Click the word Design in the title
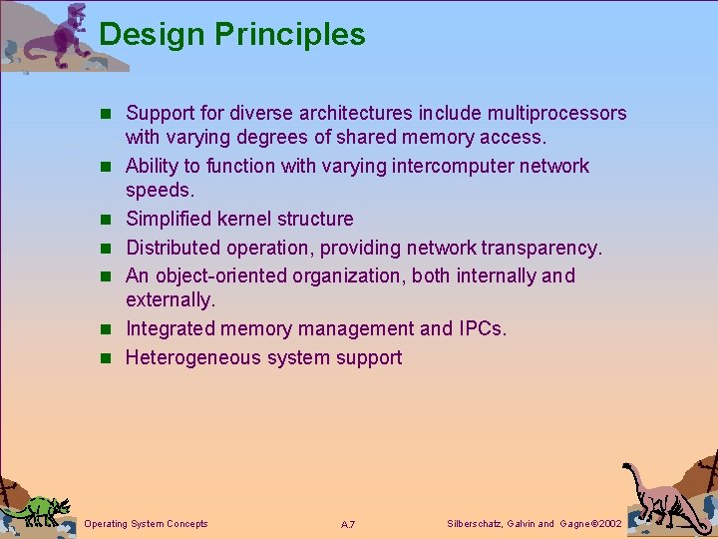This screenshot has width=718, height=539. point(152,36)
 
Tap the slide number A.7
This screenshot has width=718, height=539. point(349,525)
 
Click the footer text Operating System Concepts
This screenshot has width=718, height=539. point(147,524)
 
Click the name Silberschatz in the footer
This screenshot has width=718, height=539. point(474,524)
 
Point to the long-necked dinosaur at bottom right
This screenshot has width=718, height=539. point(658,494)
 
